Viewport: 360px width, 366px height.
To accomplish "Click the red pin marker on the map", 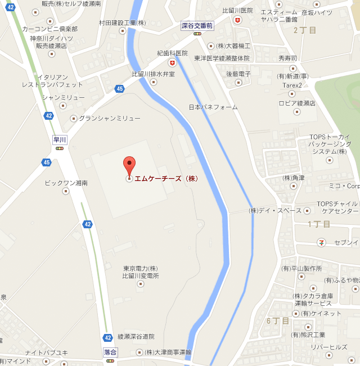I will (x=129, y=165).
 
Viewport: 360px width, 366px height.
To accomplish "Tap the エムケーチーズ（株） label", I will (x=167, y=179).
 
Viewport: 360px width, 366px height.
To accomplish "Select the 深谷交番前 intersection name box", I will (x=197, y=25).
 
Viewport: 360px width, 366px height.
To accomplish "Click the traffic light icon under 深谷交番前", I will (x=197, y=34).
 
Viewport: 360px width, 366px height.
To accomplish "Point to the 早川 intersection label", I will (x=59, y=140).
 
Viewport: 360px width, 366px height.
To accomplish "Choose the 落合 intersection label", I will (x=110, y=351).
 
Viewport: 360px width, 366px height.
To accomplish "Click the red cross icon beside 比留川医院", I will (x=238, y=20).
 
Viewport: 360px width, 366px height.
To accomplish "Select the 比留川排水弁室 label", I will (x=153, y=74).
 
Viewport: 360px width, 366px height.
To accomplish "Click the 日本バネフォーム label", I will (x=213, y=107).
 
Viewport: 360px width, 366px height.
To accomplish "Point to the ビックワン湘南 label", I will (x=66, y=183).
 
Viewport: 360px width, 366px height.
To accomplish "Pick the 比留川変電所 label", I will (x=141, y=276).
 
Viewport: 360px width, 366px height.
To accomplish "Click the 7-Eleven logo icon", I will (x=322, y=242).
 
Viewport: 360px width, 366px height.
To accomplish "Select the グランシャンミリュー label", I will (x=109, y=118).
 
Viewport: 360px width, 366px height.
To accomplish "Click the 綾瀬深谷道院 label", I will (x=136, y=336).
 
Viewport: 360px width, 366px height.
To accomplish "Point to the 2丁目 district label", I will (x=305, y=30).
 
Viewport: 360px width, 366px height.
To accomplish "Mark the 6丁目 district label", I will (x=278, y=320).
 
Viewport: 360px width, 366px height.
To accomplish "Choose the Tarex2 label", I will (x=292, y=85).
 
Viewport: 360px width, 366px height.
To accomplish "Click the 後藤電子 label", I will (x=238, y=74).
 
